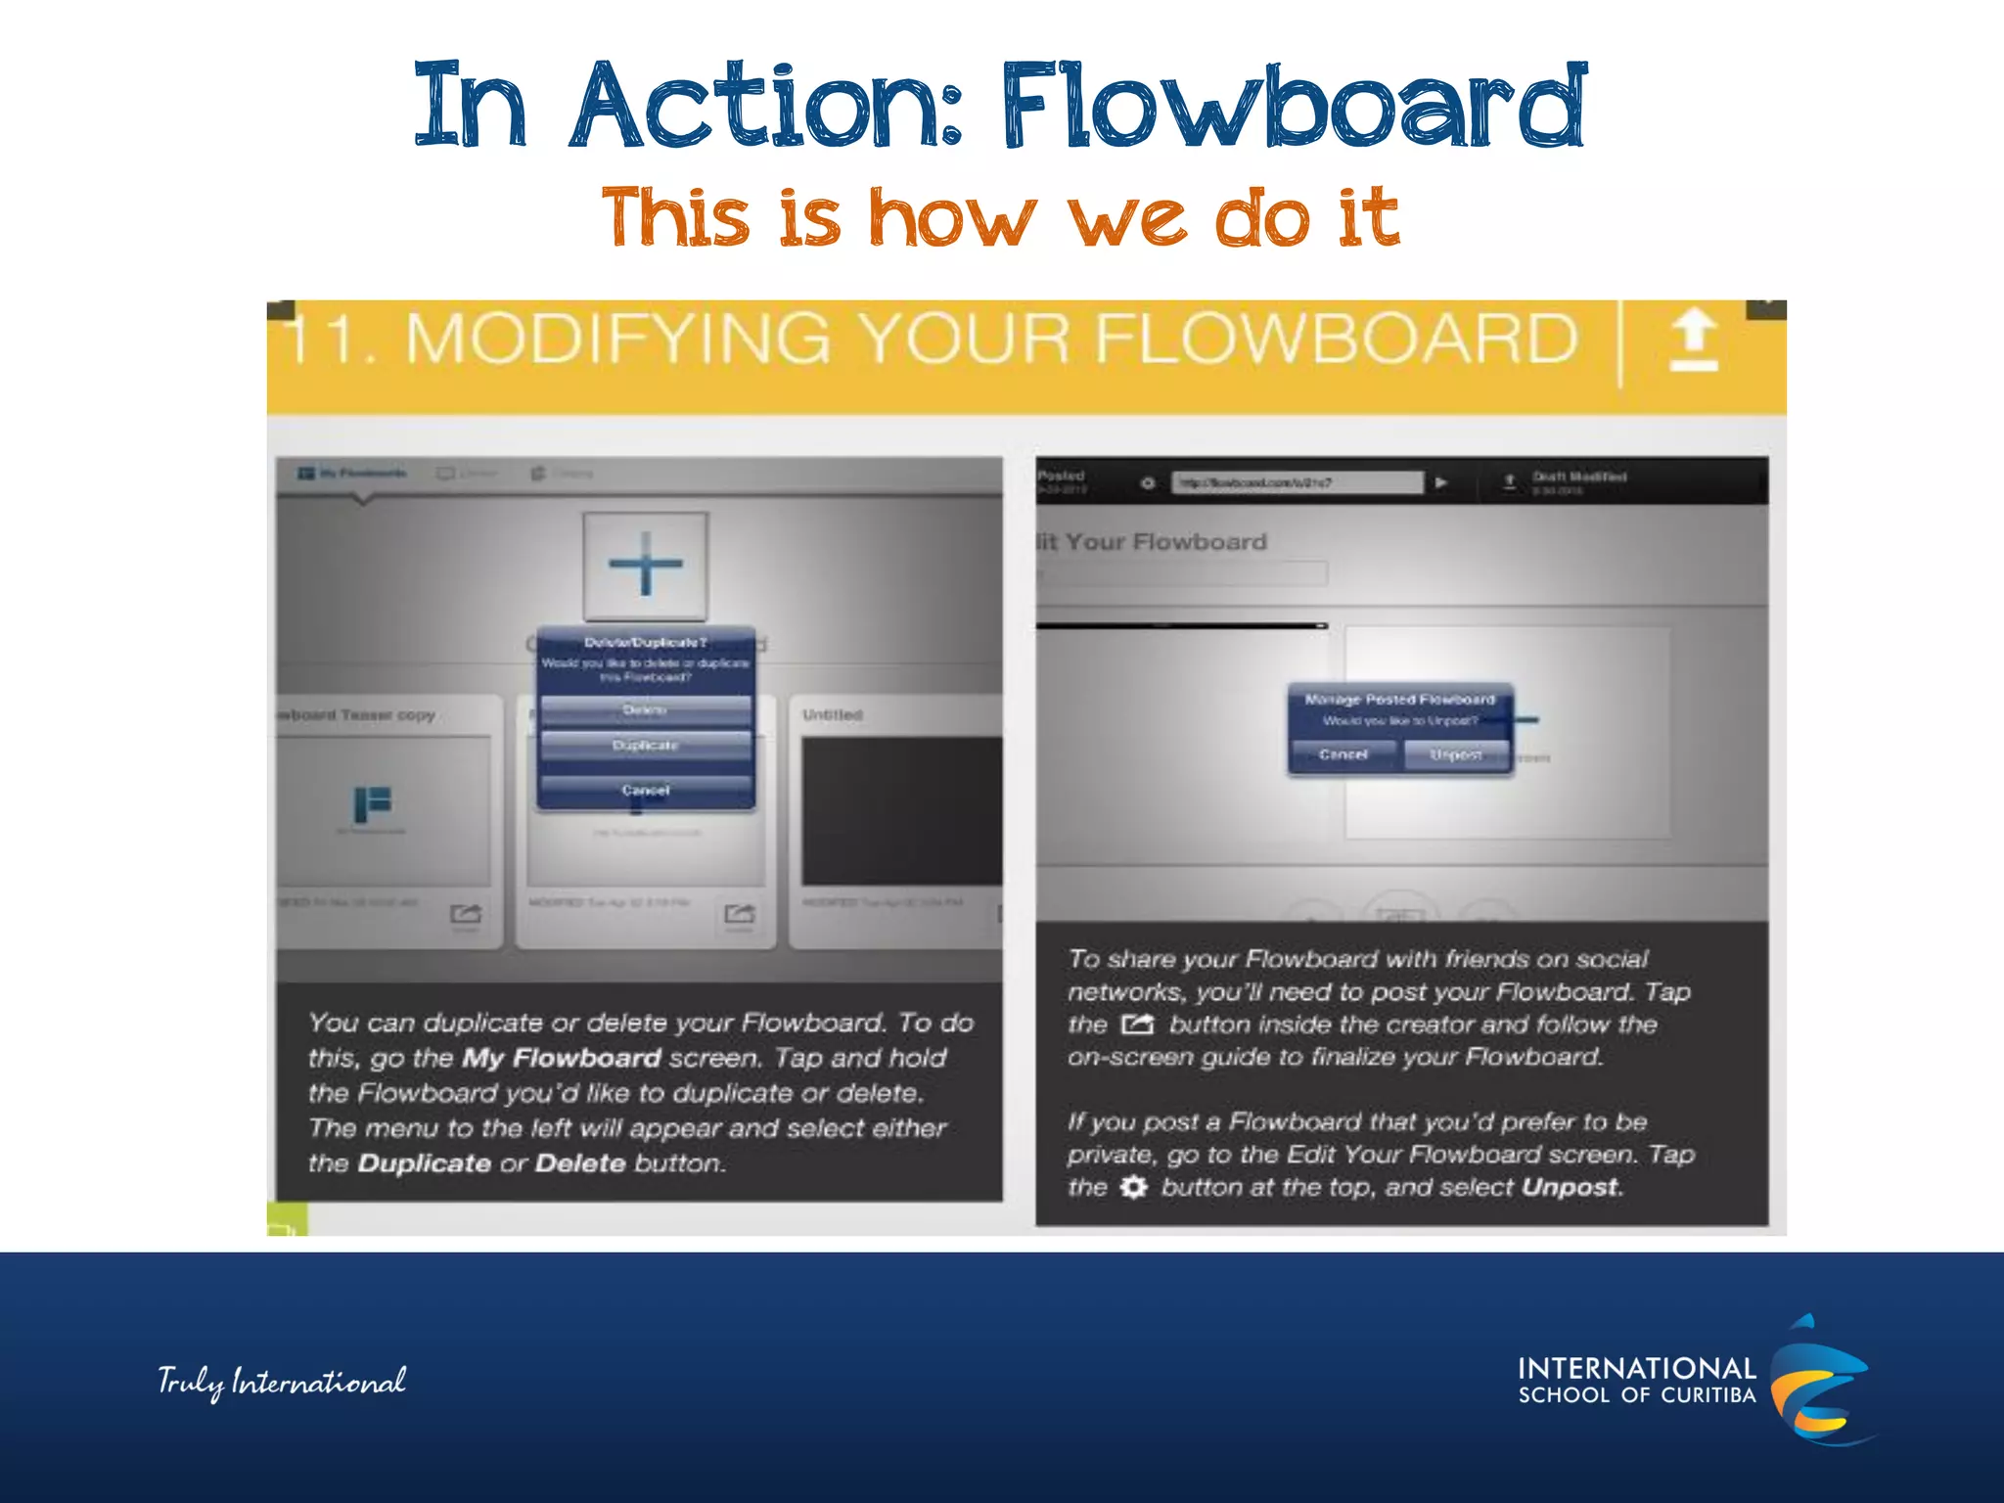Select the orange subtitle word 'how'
951,218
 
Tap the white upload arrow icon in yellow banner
1694,340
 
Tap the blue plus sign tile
645,565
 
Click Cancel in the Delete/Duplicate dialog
645,790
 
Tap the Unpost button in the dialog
1455,754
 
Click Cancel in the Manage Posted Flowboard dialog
1343,754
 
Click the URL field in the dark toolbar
1297,482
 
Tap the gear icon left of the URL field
1148,482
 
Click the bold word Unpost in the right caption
1570,1187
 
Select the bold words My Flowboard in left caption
562,1058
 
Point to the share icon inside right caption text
1137,1025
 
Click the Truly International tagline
282,1382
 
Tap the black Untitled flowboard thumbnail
900,811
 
